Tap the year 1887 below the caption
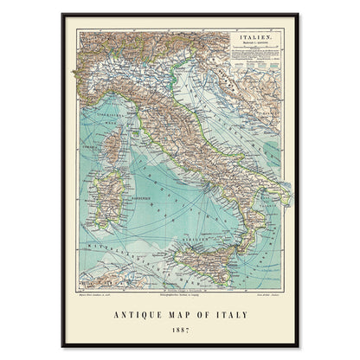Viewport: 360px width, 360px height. (x=180, y=329)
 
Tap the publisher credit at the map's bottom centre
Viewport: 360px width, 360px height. (x=180, y=293)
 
